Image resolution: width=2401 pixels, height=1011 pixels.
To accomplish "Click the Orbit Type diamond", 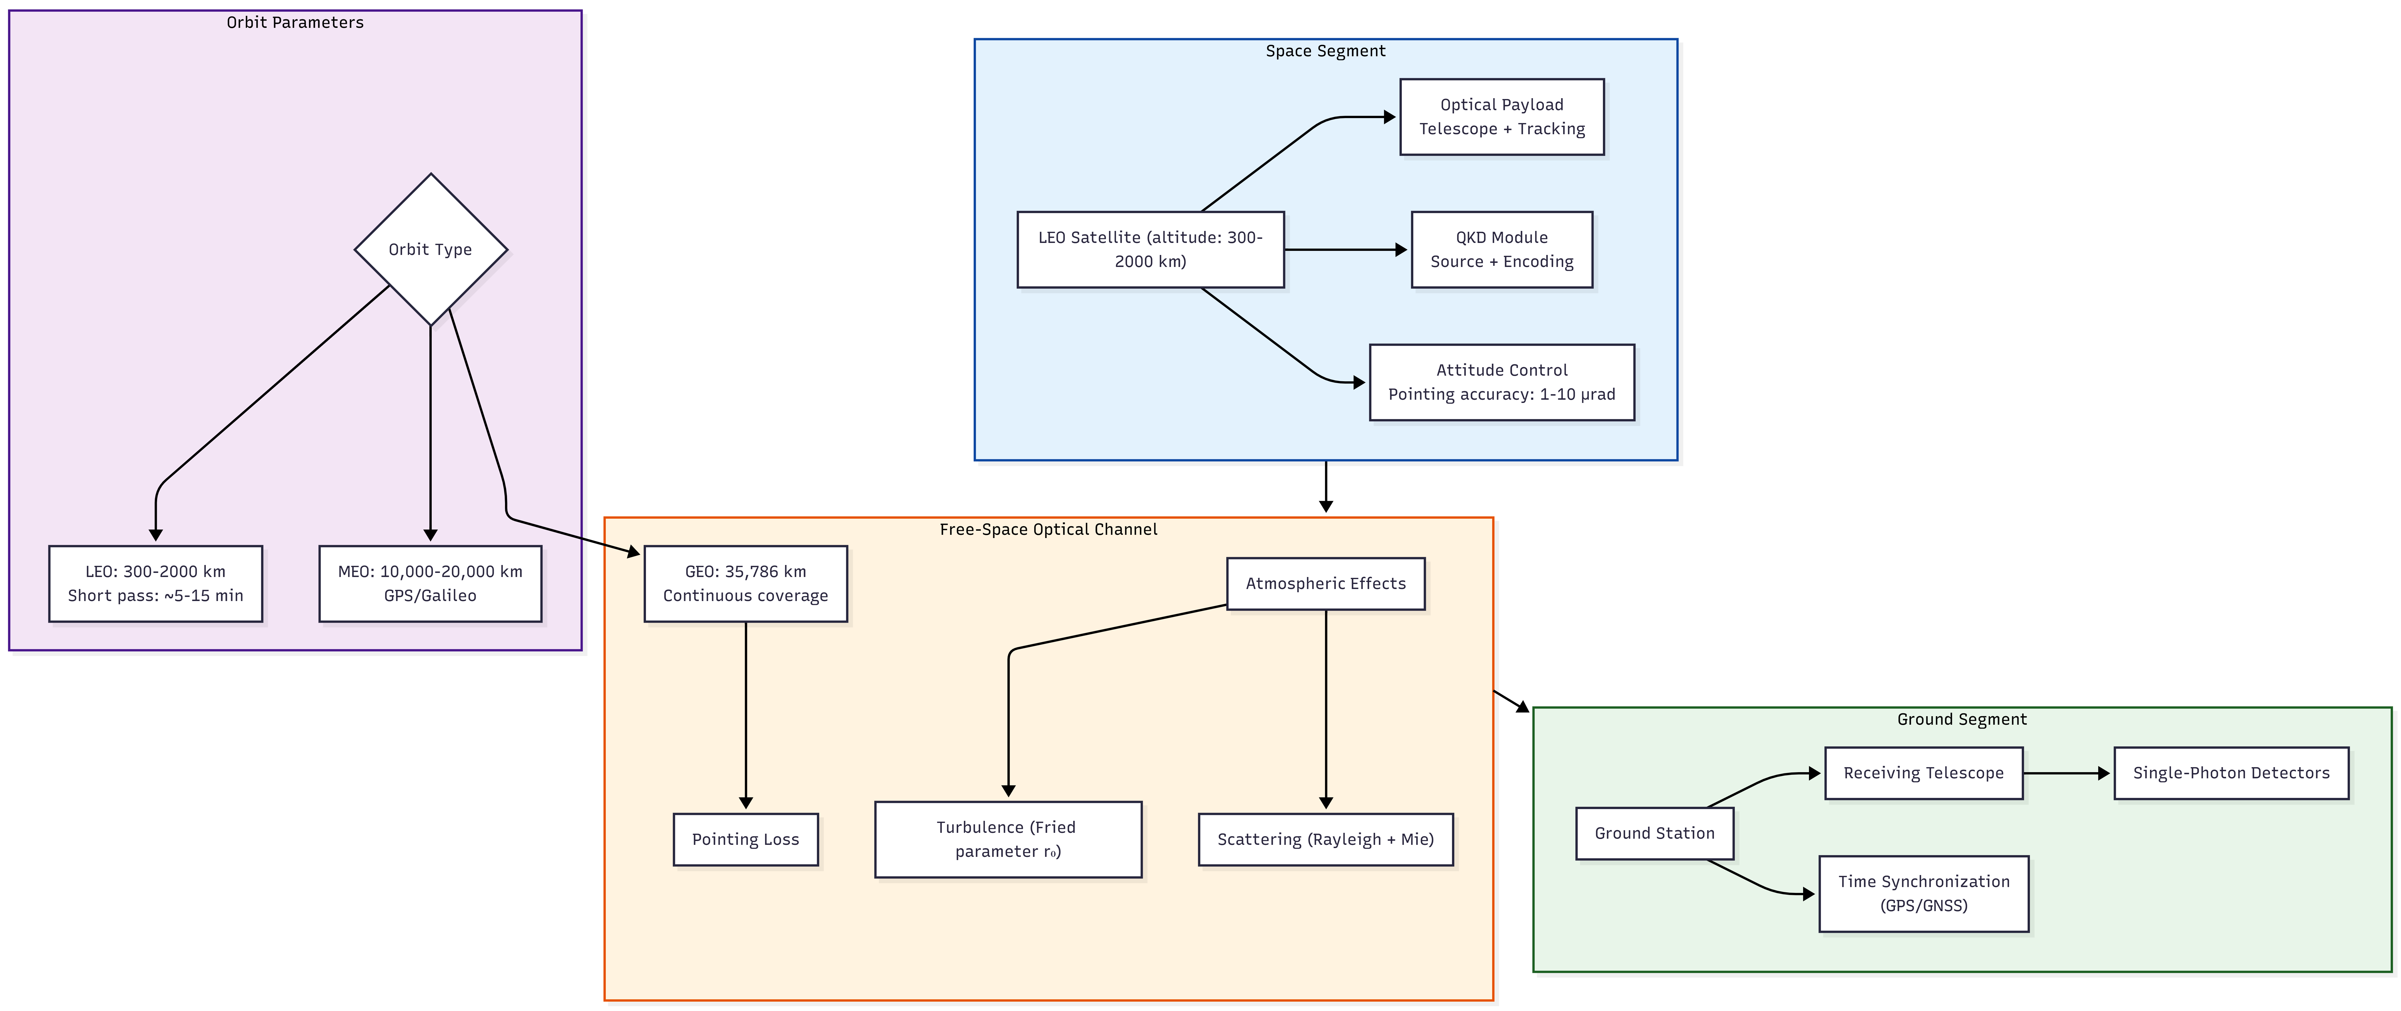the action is [431, 250].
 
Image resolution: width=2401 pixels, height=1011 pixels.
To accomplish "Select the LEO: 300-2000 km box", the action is [156, 583].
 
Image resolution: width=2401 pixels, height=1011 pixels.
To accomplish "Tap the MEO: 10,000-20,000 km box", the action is [431, 583].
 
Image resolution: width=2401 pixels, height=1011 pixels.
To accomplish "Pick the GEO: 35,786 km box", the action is [746, 583].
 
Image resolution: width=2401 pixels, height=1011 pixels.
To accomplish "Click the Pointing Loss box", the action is [746, 840].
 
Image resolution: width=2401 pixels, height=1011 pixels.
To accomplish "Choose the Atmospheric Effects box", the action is [1325, 583].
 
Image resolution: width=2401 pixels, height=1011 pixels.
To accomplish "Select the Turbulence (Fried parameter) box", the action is [1009, 840].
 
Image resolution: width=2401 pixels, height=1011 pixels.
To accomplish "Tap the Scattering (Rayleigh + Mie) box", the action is [1325, 840].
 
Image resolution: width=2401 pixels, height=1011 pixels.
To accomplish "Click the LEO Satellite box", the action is [1150, 250].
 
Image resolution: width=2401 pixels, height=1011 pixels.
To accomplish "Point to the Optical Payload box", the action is [1502, 116].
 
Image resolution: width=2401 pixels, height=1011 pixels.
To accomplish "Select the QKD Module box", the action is [1502, 250].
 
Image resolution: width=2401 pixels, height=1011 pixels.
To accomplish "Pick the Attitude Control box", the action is [1502, 382].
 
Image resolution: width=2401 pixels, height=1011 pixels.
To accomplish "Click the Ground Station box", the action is [1654, 833].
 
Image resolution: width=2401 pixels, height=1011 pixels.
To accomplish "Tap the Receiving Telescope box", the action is [1924, 773].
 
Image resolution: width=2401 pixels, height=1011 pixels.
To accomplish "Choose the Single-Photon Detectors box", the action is [2231, 773].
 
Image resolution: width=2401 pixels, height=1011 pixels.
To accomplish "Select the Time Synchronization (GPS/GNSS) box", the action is [1924, 893].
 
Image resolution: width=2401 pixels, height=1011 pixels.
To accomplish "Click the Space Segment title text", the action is [1325, 51].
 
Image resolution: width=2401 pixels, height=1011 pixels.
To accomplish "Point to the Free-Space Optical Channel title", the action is [1049, 529].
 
